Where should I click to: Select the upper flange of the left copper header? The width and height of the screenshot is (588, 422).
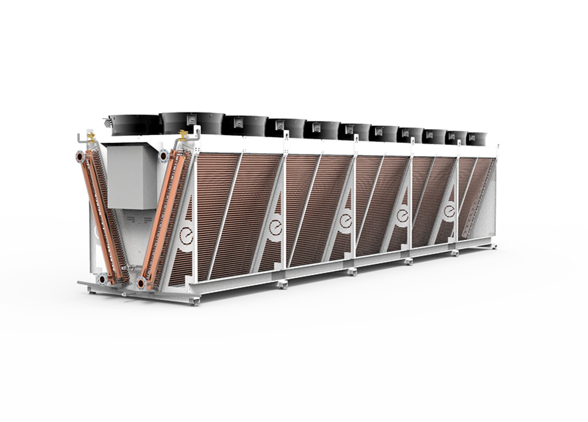(79, 156)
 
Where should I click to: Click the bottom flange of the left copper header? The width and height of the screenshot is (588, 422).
(102, 280)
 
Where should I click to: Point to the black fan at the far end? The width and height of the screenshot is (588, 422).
(478, 138)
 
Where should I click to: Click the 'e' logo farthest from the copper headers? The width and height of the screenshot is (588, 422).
(450, 211)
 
